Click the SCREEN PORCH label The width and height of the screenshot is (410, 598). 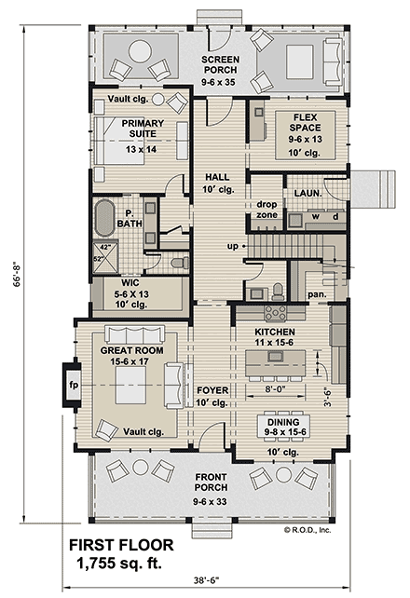click(x=221, y=64)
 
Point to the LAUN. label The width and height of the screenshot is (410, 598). click(x=307, y=193)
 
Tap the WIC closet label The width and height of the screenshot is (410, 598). click(x=131, y=293)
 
